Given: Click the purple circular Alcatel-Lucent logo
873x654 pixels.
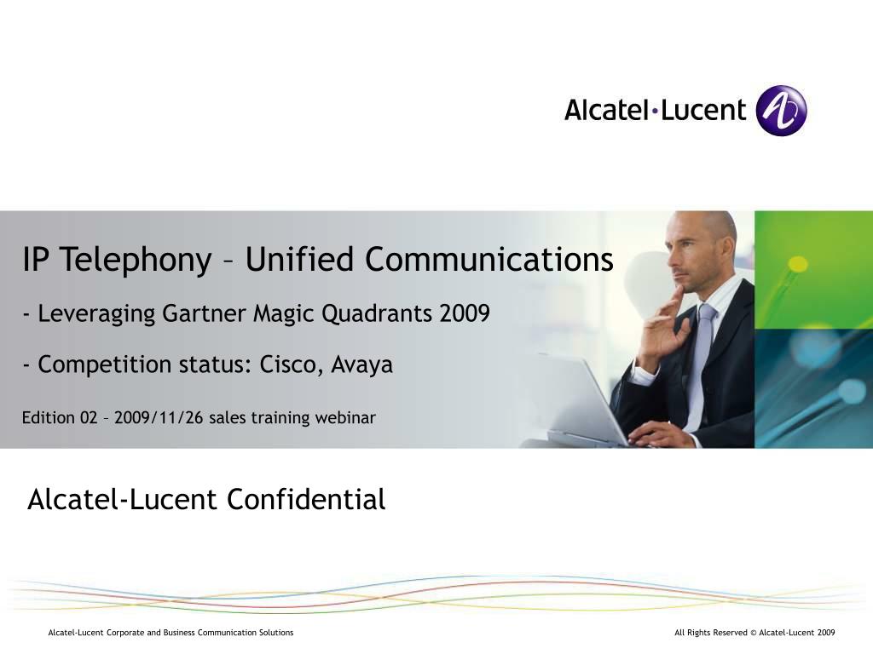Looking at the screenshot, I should click(x=781, y=111).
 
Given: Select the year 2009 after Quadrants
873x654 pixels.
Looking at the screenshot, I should click(x=465, y=314).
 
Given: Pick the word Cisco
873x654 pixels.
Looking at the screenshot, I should click(x=291, y=364).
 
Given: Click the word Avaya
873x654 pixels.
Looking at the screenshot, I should click(x=361, y=365).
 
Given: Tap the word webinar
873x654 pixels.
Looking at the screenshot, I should click(x=345, y=417).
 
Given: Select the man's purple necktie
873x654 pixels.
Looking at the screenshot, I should click(x=701, y=358).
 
